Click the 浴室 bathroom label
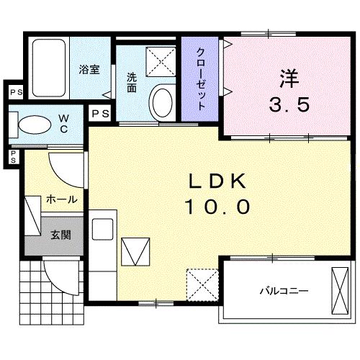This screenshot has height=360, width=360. click(89, 70)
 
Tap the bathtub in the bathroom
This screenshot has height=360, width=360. click(50, 70)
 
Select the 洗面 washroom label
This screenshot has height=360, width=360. click(132, 82)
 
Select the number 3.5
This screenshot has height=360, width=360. click(289, 105)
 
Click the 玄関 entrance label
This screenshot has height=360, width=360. click(60, 235)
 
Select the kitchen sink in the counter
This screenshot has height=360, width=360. click(102, 229)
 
